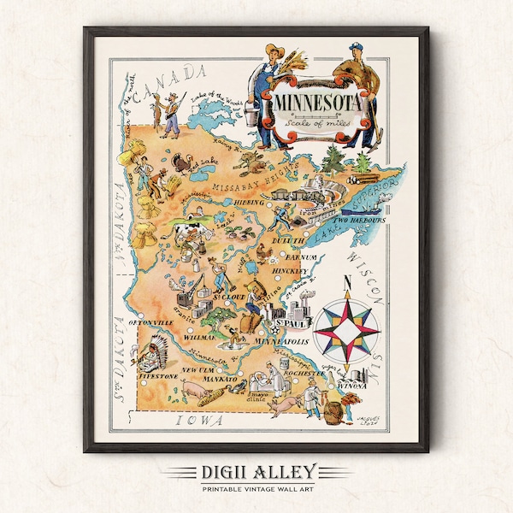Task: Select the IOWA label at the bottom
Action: [199, 420]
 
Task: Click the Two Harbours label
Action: [362, 220]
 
